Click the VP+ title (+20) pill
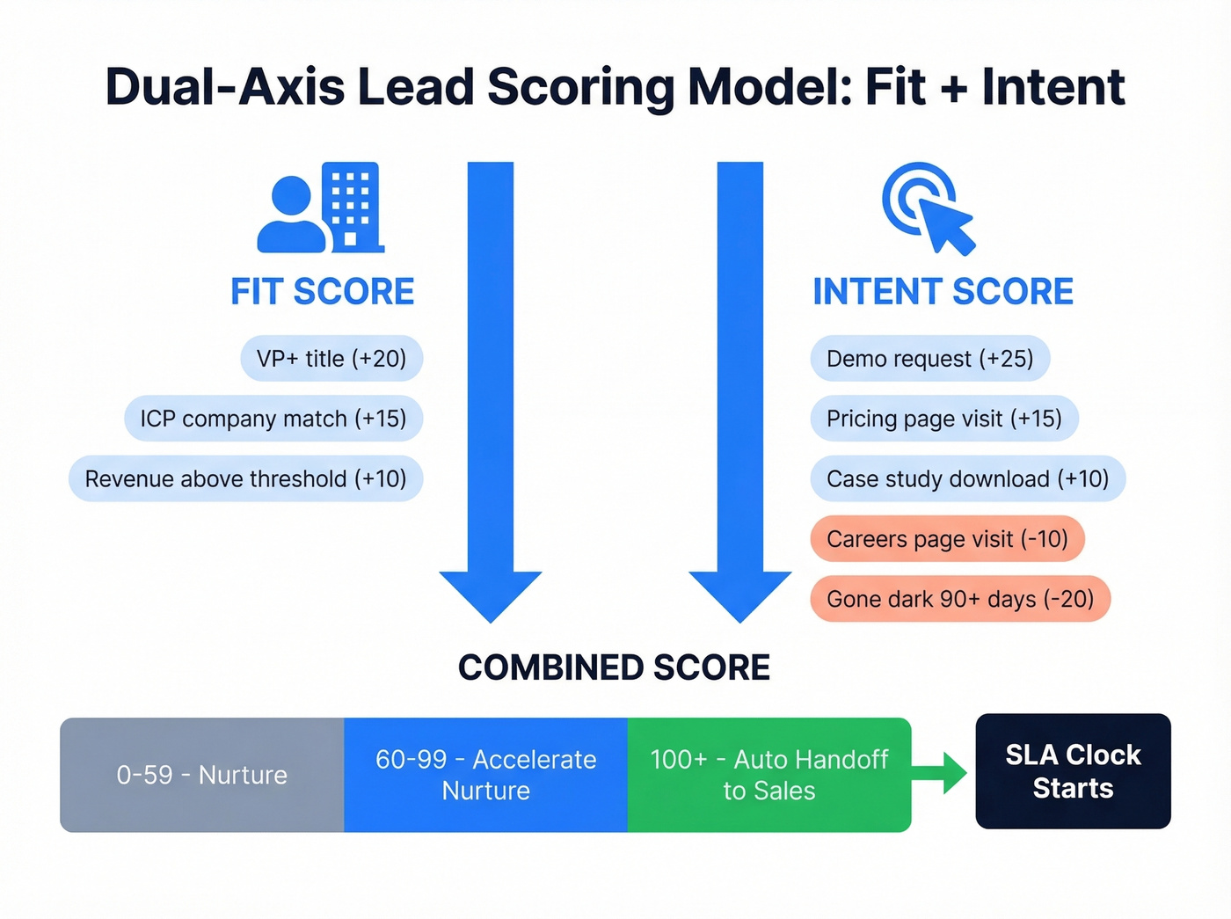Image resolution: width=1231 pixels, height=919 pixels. pyautogui.click(x=331, y=359)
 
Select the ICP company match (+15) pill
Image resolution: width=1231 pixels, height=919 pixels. pyautogui.click(x=273, y=419)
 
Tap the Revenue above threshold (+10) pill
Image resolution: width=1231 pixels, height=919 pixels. pyautogui.click(x=245, y=478)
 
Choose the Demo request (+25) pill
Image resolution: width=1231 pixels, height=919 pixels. pyautogui.click(x=929, y=359)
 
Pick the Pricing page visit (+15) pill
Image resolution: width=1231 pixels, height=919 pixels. pyautogui.click(x=943, y=419)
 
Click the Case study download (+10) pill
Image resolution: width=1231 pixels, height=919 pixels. pyautogui.click(x=967, y=478)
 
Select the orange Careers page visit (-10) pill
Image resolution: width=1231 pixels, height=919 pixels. pyautogui.click(x=947, y=538)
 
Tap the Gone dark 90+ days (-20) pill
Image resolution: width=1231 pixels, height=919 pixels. pyautogui.click(x=960, y=599)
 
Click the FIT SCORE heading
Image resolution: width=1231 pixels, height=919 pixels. pyautogui.click(x=322, y=292)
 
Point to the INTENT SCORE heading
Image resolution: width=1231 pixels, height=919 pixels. pyautogui.click(x=943, y=292)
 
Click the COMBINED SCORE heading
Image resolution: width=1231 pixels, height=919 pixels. pyautogui.click(x=614, y=667)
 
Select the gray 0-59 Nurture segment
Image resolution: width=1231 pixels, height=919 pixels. pyautogui.click(x=202, y=775)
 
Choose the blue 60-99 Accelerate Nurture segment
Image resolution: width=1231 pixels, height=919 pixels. pyautogui.click(x=485, y=775)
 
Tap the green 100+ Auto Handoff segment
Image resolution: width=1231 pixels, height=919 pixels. pyautogui.click(x=768, y=775)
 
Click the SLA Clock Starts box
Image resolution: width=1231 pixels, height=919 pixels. pyautogui.click(x=1073, y=771)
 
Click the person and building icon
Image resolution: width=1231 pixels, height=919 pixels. pyautogui.click(x=321, y=208)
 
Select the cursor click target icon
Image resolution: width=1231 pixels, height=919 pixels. pyautogui.click(x=929, y=208)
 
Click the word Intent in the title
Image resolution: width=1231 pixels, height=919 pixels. pyautogui.click(x=1053, y=87)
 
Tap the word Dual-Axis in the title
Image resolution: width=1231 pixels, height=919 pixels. pyautogui.click(x=225, y=87)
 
